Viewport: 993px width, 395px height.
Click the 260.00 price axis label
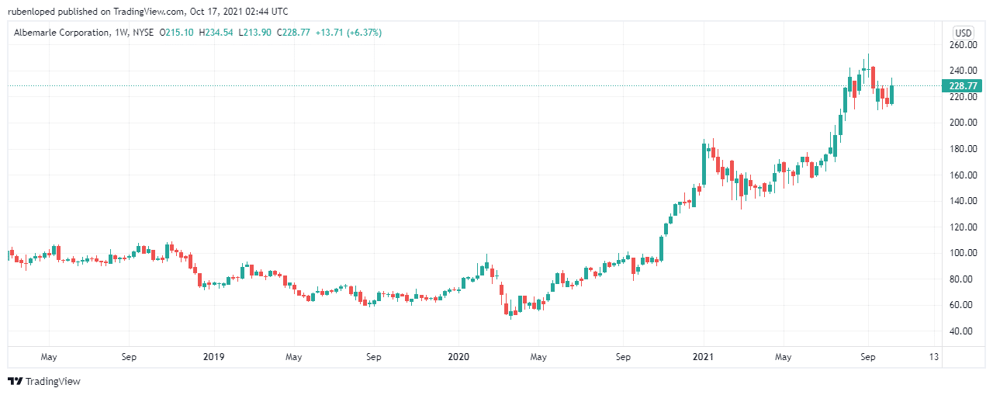[961, 45]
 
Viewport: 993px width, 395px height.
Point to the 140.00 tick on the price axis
[961, 201]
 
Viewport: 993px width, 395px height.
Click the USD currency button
[963, 33]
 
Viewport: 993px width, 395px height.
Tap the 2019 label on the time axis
[213, 358]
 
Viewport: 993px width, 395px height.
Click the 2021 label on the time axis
[703, 358]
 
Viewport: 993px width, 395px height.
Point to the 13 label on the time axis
[933, 358]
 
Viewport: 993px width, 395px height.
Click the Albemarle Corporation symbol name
[59, 33]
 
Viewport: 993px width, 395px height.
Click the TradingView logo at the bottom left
[44, 381]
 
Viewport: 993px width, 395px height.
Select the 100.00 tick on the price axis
[961, 253]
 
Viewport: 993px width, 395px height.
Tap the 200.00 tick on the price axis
[961, 123]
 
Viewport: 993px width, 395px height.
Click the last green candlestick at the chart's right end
[891, 94]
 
